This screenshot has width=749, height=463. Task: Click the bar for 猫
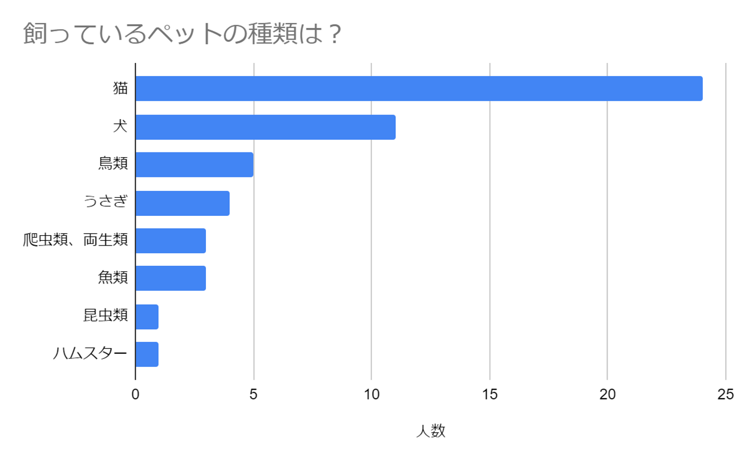pyautogui.click(x=419, y=88)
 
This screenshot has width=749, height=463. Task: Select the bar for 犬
pyautogui.click(x=265, y=127)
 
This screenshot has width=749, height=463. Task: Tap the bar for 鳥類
pyautogui.click(x=195, y=164)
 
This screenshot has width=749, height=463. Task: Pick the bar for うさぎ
pyautogui.click(x=183, y=203)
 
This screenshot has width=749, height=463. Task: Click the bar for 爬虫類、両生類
pyautogui.click(x=171, y=240)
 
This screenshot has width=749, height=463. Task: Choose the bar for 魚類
pyautogui.click(x=171, y=278)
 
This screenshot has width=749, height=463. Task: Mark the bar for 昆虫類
pyautogui.click(x=147, y=316)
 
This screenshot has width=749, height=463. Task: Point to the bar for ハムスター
pyautogui.click(x=147, y=354)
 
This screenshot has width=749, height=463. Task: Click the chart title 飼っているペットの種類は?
pyautogui.click(x=182, y=34)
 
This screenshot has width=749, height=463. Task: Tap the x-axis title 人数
pyautogui.click(x=431, y=431)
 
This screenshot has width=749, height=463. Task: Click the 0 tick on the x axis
pyautogui.click(x=135, y=394)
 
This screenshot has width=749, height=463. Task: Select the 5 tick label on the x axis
pyautogui.click(x=253, y=394)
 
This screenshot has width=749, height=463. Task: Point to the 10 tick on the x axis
pyautogui.click(x=371, y=394)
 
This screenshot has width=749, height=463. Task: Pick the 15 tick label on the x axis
pyautogui.click(x=489, y=394)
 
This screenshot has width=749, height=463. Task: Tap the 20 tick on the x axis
pyautogui.click(x=608, y=394)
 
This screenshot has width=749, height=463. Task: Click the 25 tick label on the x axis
pyautogui.click(x=725, y=394)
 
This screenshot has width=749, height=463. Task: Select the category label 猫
pyautogui.click(x=120, y=88)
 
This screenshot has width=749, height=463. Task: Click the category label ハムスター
pyautogui.click(x=90, y=354)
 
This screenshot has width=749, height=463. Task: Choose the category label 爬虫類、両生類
pyautogui.click(x=75, y=240)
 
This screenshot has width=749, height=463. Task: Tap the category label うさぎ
pyautogui.click(x=106, y=201)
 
